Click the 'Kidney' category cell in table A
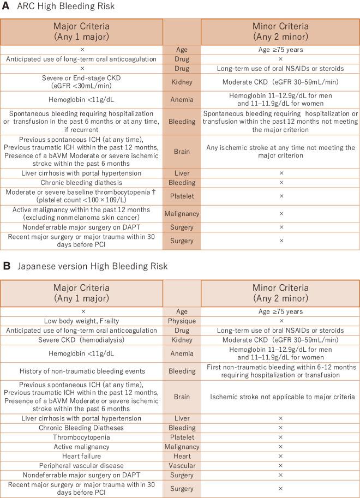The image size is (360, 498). pos(182,81)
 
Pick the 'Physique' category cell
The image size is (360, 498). pos(182,321)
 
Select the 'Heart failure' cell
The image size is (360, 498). pos(81,455)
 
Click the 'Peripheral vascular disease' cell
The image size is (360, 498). pos(81,465)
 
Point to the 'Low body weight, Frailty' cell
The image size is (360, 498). pos(81,321)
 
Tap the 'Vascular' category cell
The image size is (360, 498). pos(182,465)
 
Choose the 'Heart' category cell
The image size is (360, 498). pos(182,455)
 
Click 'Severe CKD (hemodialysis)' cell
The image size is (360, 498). pos(81,340)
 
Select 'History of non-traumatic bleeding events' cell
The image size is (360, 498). pos(81,370)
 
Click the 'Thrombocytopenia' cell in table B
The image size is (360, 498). pos(81,437)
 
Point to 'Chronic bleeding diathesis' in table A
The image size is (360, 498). pos(81,182)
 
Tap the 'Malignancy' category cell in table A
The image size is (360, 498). pos(182,214)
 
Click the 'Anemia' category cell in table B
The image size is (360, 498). pos(182,354)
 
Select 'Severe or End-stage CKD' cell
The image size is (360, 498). pos(81,81)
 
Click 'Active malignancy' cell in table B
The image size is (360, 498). pos(81,446)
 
